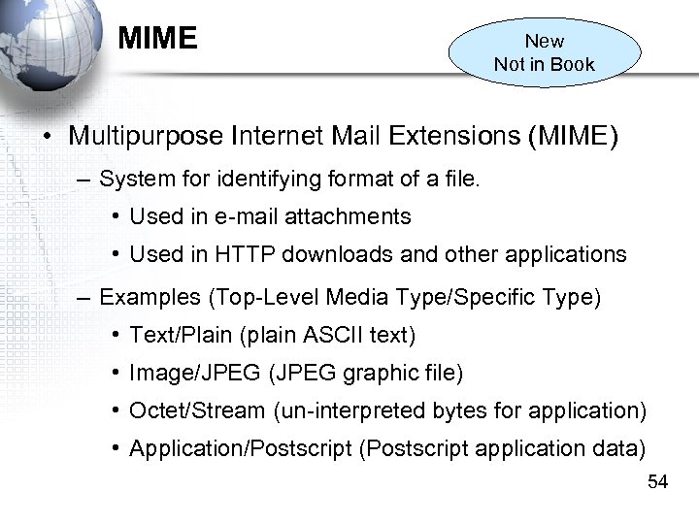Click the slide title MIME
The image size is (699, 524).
157,39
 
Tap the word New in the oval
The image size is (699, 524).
544,41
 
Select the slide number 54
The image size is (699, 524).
657,481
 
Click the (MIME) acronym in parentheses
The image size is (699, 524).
572,136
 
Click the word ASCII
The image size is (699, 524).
332,336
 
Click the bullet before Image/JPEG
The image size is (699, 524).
115,373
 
